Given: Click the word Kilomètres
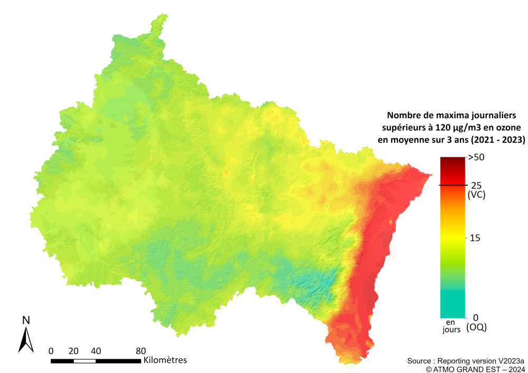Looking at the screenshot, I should (165, 360).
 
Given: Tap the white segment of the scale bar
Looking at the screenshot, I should (84, 361).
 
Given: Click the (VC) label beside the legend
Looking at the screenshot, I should (477, 195).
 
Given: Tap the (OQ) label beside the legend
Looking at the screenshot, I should (477, 327).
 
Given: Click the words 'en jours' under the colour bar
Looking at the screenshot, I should (451, 326).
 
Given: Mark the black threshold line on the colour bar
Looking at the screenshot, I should (452, 185).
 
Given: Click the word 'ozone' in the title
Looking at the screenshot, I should (509, 127).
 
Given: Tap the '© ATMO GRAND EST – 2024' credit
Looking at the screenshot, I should (475, 369).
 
